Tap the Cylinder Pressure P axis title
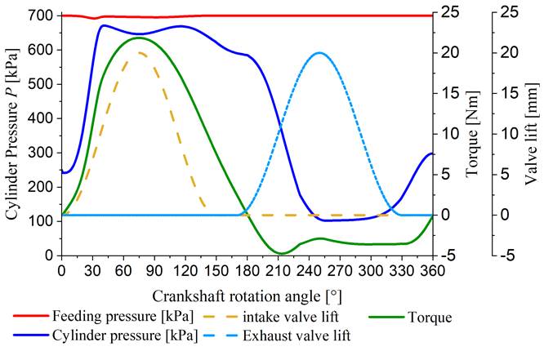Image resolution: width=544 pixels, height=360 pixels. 14,136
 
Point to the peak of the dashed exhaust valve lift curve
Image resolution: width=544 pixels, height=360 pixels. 319,52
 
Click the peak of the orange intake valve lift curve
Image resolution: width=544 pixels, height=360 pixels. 140,52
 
